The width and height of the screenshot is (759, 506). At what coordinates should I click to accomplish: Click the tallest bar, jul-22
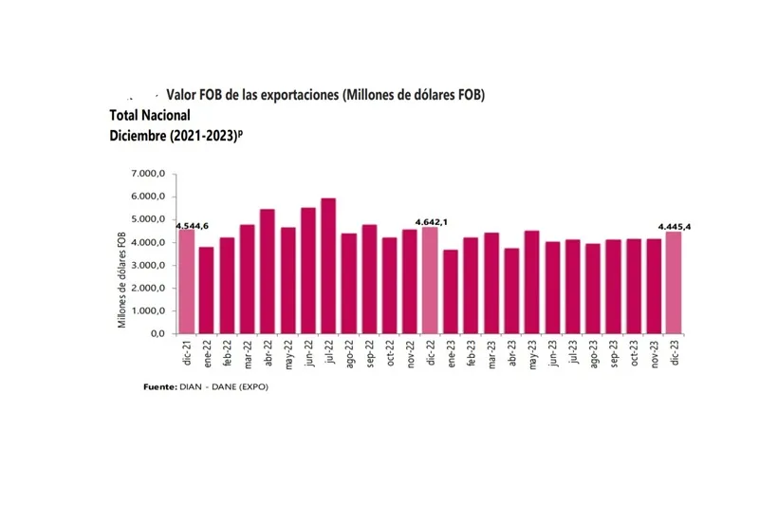(x=328, y=267)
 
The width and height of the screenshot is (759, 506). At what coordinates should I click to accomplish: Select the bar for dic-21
(x=186, y=282)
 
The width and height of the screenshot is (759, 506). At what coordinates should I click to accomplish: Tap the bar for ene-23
(x=451, y=291)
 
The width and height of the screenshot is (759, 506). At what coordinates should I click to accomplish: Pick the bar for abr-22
(x=268, y=272)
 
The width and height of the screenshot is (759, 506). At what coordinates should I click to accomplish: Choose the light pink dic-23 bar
(x=675, y=283)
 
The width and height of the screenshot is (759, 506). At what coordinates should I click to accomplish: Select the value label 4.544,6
(x=193, y=225)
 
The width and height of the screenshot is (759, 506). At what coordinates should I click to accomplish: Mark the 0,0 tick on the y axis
(x=157, y=334)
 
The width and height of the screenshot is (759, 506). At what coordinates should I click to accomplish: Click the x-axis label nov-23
(x=654, y=353)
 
